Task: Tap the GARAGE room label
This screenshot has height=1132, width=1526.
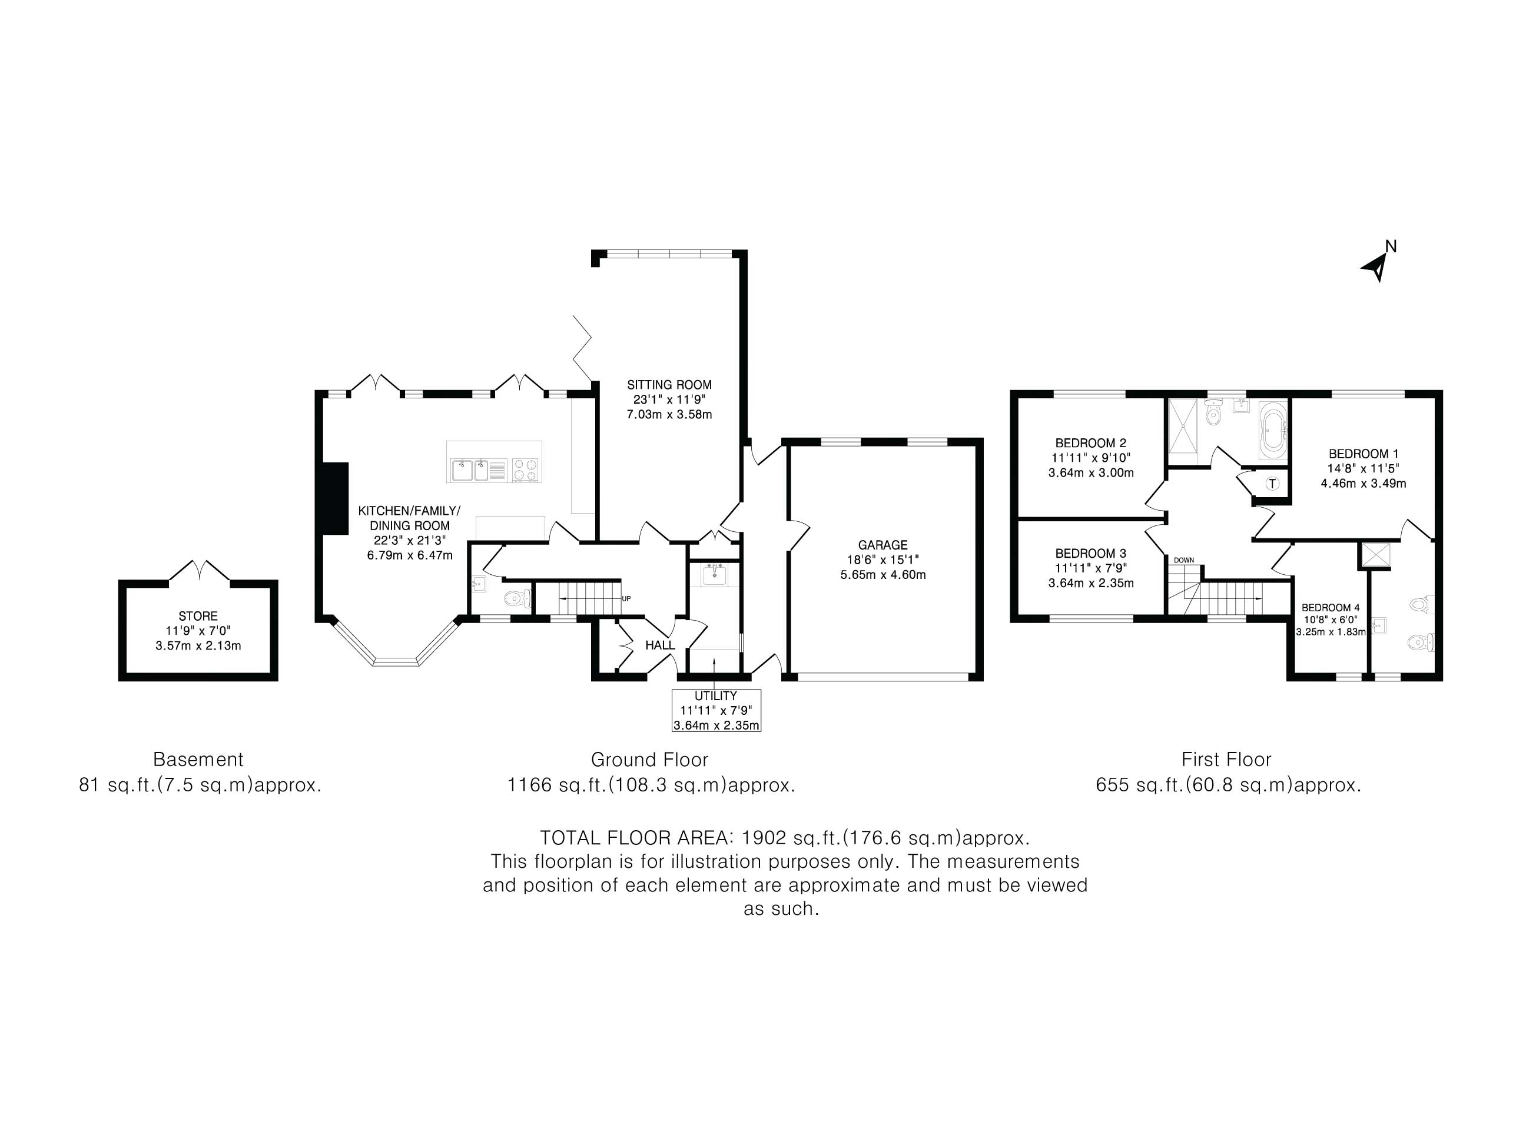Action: (x=883, y=545)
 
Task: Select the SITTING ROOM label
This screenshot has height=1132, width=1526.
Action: (x=669, y=385)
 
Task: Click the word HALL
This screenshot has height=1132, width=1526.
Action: (x=660, y=645)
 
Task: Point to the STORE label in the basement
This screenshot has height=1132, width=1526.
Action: (x=198, y=616)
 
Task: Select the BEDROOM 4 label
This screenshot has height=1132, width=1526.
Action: (x=1331, y=607)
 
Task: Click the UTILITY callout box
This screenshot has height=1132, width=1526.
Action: (x=716, y=711)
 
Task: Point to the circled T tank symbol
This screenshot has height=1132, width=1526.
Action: (x=1273, y=484)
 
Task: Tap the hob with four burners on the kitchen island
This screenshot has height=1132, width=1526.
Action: (x=526, y=470)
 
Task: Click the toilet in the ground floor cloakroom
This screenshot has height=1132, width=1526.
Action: (x=517, y=600)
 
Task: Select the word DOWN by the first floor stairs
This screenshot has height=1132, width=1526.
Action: (x=1184, y=560)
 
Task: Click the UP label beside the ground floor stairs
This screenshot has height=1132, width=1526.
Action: (x=626, y=598)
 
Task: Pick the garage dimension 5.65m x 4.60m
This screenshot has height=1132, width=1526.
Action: (x=883, y=575)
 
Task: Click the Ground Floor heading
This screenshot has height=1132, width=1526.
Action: (x=649, y=759)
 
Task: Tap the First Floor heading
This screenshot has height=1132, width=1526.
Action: (x=1226, y=759)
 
